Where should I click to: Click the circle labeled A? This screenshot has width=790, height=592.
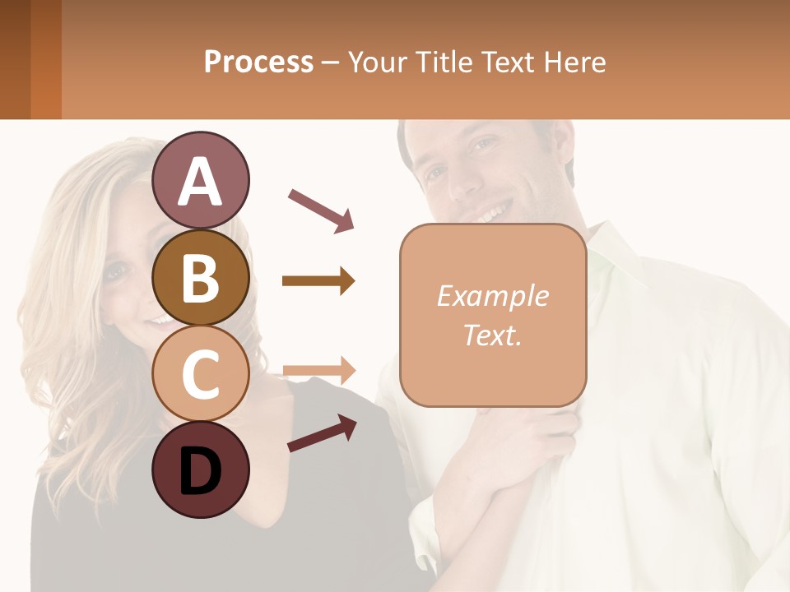pos(201,180)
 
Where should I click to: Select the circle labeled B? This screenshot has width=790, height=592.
pos(201,277)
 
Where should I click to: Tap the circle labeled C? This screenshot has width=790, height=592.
pos(201,374)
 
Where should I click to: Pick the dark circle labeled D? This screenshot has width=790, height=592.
pos(201,470)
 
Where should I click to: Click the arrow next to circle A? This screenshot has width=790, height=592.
pos(321,210)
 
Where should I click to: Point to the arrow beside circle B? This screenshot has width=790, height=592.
pos(318,281)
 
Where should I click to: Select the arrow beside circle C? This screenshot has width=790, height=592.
pos(318,369)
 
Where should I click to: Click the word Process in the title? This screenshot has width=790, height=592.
pos(258,62)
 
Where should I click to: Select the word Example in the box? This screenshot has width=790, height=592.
pos(492,296)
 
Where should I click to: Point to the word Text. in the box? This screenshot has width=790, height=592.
pos(492,335)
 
